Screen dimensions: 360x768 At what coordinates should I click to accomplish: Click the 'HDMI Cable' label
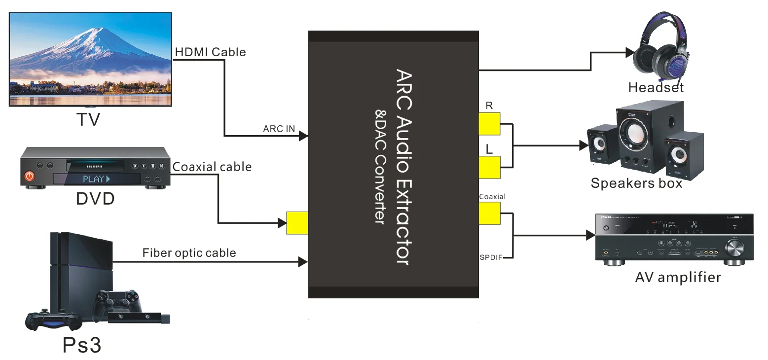click(x=210, y=52)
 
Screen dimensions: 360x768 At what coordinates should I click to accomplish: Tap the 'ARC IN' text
click(x=279, y=129)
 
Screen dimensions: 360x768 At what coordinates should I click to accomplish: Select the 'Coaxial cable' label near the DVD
click(x=212, y=167)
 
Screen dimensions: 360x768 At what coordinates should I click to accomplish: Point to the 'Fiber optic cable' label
click(x=189, y=253)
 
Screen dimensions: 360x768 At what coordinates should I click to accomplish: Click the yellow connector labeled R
click(x=489, y=124)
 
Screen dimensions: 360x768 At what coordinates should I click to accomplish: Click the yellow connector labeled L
click(x=489, y=167)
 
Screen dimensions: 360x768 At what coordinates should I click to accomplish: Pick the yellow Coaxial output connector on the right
click(x=489, y=213)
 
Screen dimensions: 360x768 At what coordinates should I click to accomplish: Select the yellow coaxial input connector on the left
click(x=297, y=223)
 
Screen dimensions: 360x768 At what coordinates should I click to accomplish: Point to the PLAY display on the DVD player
click(x=96, y=179)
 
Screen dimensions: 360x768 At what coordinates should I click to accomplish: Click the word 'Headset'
click(x=656, y=88)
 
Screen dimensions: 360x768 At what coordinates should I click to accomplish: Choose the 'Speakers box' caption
click(x=636, y=183)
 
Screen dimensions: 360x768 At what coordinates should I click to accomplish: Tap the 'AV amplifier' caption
click(x=678, y=277)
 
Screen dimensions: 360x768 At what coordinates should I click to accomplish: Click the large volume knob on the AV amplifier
click(x=734, y=249)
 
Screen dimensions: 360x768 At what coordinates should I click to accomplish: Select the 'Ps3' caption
click(x=82, y=345)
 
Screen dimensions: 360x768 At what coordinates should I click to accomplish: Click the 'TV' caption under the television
click(x=88, y=119)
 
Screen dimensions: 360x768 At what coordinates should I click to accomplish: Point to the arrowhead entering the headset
click(x=629, y=52)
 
